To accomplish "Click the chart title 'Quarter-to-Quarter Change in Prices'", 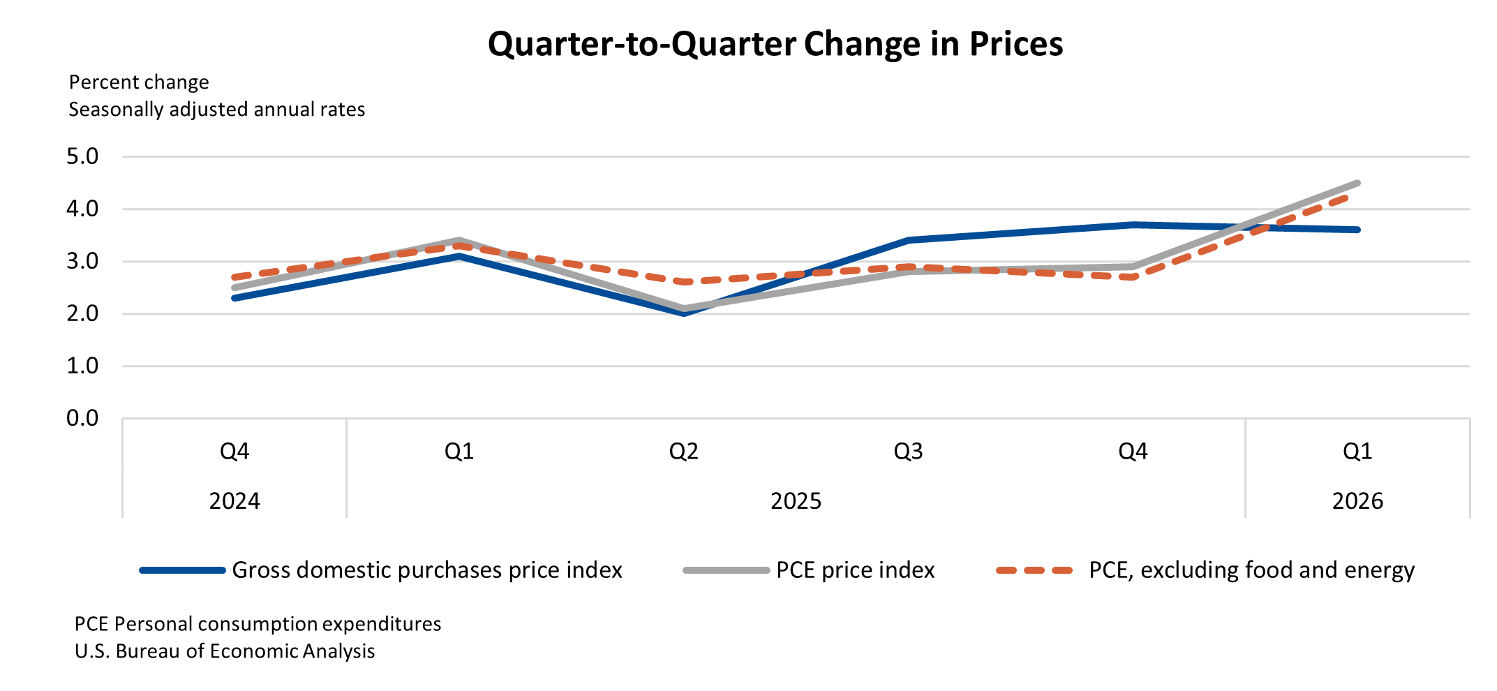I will pyautogui.click(x=775, y=44).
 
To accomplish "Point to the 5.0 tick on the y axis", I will pyautogui.click(x=82, y=156).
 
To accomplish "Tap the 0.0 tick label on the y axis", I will pyautogui.click(x=82, y=418).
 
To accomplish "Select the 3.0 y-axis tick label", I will pyautogui.click(x=82, y=261).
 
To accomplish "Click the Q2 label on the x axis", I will pyautogui.click(x=683, y=452).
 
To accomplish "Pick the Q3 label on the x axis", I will pyautogui.click(x=908, y=452).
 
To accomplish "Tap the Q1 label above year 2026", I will pyautogui.click(x=1357, y=452).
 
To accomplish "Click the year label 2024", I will pyautogui.click(x=234, y=501).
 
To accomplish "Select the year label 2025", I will pyautogui.click(x=796, y=501).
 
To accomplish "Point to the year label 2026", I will pyautogui.click(x=1357, y=501).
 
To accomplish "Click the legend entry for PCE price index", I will pyautogui.click(x=855, y=570).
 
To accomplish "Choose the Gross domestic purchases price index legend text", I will pyautogui.click(x=426, y=570).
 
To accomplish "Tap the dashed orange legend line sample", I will pyautogui.click(x=1034, y=570).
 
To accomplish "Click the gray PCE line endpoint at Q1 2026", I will pyautogui.click(x=1357, y=183).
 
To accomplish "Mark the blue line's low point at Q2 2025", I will pyautogui.click(x=683, y=313).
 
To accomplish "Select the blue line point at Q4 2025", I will pyautogui.click(x=1133, y=225).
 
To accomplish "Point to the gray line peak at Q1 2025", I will pyautogui.click(x=459, y=240).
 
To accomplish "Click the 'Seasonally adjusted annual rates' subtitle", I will pyautogui.click(x=216, y=110).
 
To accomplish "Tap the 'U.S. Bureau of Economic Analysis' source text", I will pyautogui.click(x=225, y=651).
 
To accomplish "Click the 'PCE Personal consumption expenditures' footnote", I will pyautogui.click(x=258, y=624).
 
